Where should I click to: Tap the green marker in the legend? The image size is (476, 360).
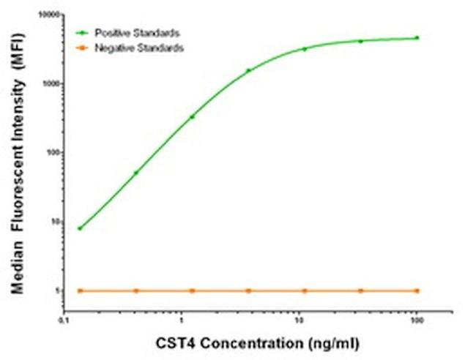click(x=83, y=33)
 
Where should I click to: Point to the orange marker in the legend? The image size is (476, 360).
click(x=83, y=48)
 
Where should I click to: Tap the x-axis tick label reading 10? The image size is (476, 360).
click(x=299, y=320)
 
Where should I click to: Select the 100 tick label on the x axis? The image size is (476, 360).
click(x=416, y=320)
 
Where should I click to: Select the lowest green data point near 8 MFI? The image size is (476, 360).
click(x=80, y=228)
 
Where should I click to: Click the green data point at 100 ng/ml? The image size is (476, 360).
click(x=417, y=37)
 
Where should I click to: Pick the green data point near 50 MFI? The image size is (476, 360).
click(x=136, y=173)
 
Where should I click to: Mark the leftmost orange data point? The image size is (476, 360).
click(x=80, y=290)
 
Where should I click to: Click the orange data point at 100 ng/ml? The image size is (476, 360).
click(x=417, y=290)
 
